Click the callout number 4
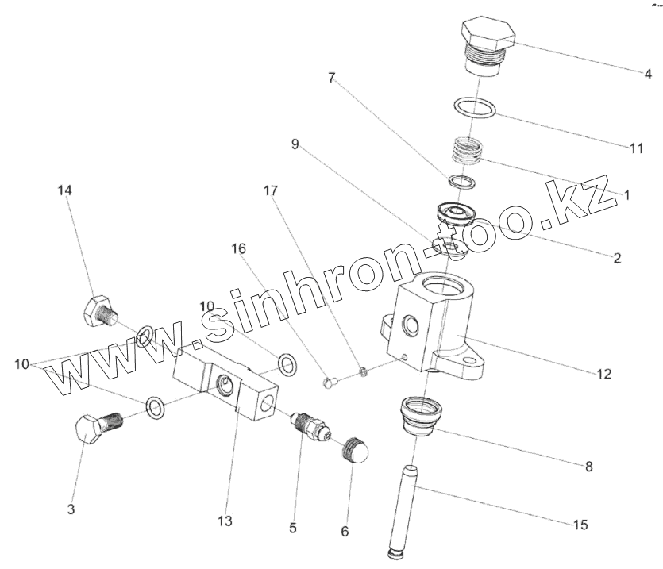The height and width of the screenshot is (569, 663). click(648, 75)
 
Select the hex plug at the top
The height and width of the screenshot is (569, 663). click(486, 44)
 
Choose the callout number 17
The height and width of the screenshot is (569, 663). click(272, 190)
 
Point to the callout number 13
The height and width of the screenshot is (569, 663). click(225, 521)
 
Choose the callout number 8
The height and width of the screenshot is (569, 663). click(588, 467)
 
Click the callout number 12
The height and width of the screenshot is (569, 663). click(606, 372)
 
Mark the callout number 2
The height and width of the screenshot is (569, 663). click(617, 257)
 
